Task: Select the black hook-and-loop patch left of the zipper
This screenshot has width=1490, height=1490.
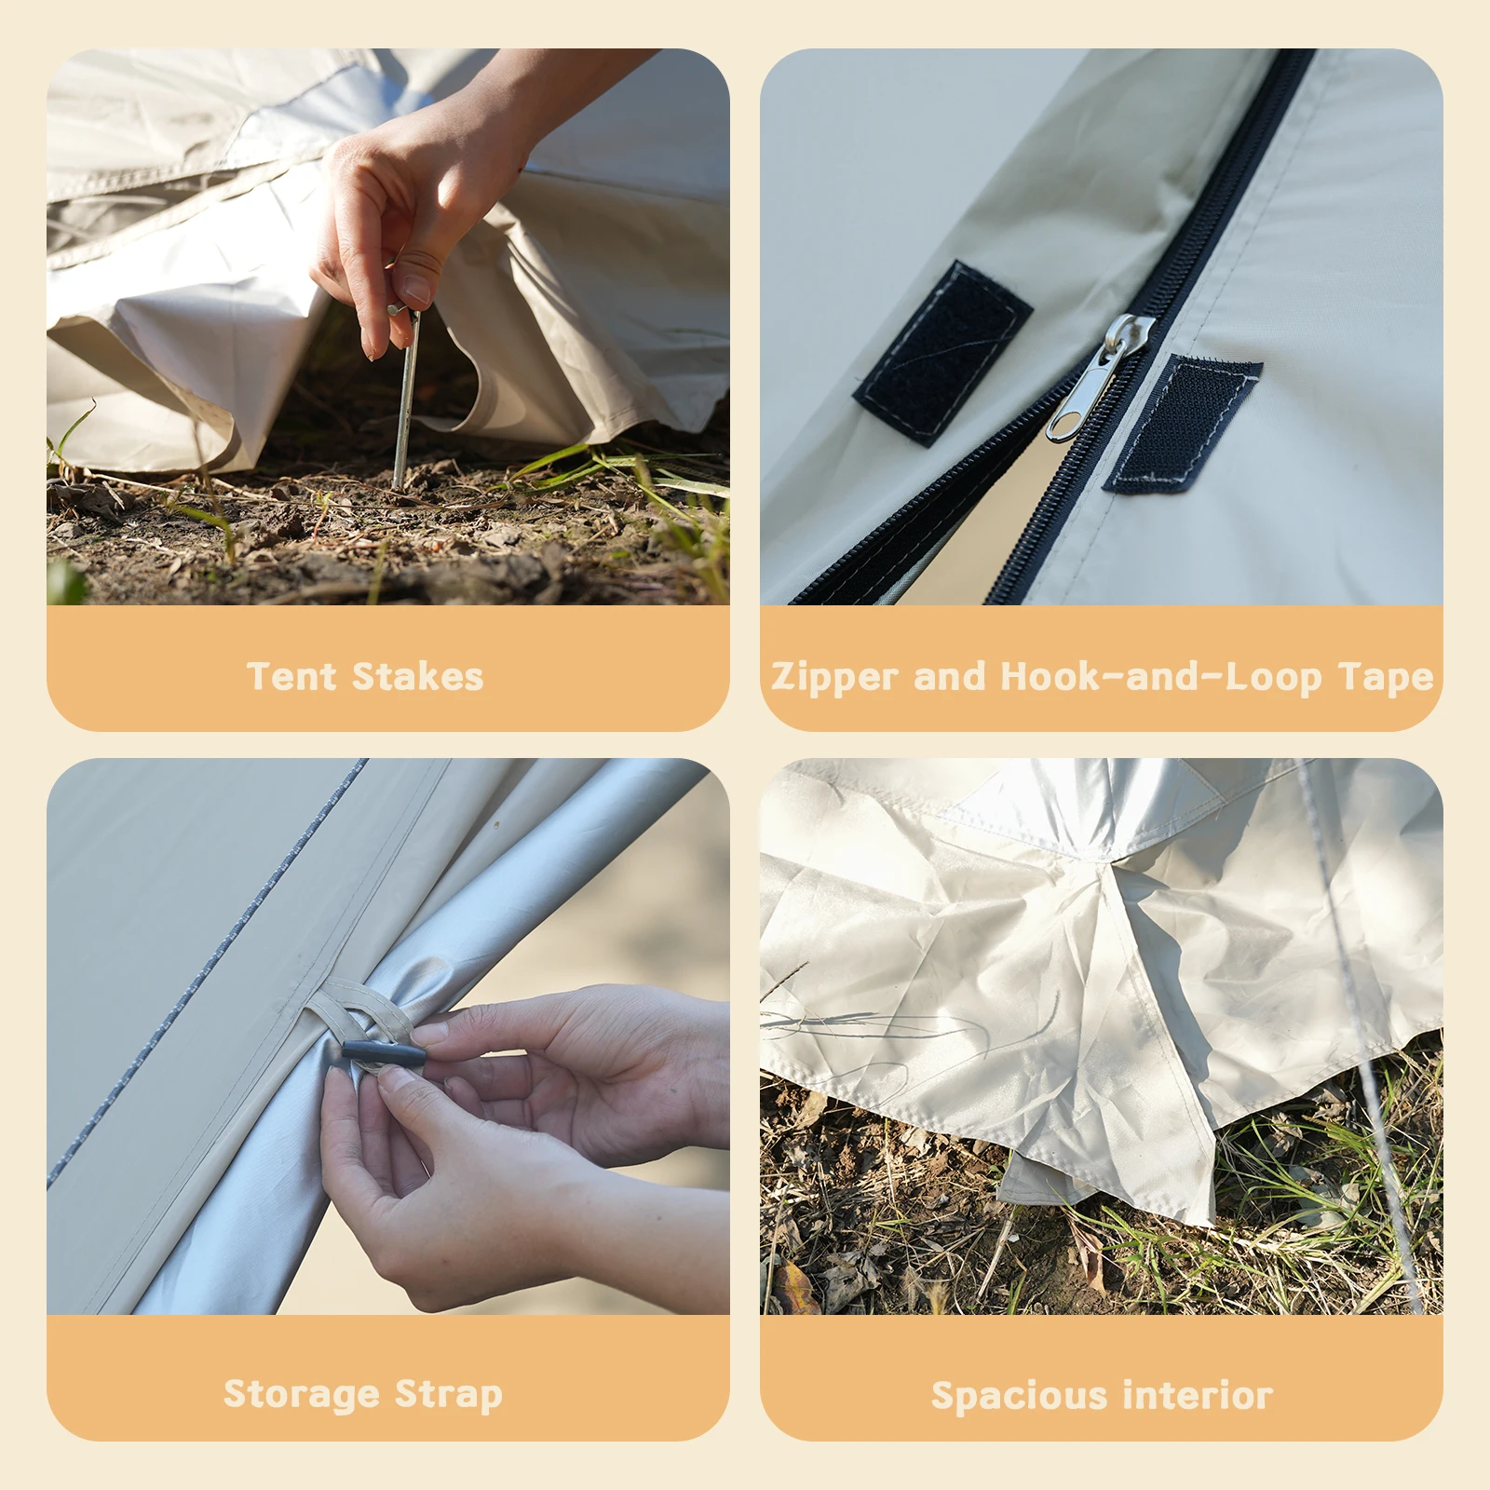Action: [941, 352]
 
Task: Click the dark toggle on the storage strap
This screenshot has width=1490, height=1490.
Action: [384, 1055]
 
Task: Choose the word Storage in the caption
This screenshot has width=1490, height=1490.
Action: [302, 1394]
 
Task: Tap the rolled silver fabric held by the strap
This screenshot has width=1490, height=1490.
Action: [521, 894]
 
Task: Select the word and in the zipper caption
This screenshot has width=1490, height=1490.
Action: [948, 677]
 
